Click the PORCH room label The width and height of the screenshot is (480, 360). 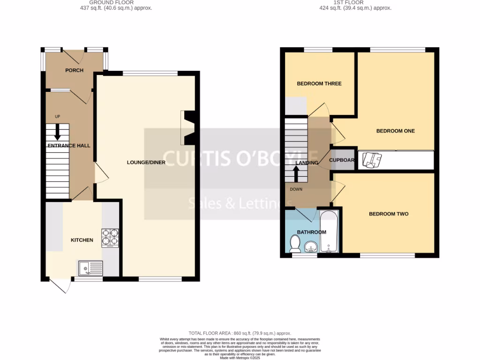click(x=74, y=70)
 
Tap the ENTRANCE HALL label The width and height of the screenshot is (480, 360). click(x=69, y=146)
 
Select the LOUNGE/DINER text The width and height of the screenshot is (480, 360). click(x=146, y=163)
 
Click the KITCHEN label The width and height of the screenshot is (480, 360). click(x=82, y=240)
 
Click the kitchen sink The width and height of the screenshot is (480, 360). click(x=90, y=268)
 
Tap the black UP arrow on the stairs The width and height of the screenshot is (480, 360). click(x=58, y=132)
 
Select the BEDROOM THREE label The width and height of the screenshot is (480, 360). click(x=319, y=83)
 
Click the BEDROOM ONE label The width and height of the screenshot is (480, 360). click(x=396, y=131)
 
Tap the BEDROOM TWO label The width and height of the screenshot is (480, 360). click(x=389, y=214)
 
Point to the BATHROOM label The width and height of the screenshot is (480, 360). click(x=312, y=232)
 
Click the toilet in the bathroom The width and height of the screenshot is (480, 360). click(x=295, y=243)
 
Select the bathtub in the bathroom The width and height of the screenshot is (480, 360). click(x=328, y=232)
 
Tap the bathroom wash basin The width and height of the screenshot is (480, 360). click(x=310, y=247)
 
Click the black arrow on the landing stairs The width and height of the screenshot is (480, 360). click(x=296, y=174)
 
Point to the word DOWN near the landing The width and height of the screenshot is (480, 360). click(x=296, y=190)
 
